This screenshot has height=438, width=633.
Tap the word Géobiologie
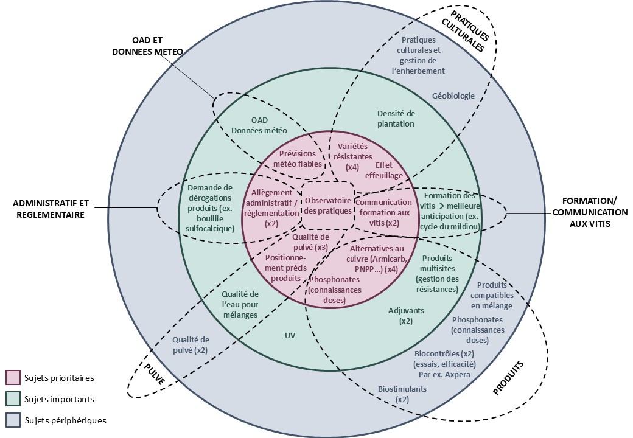click(x=453, y=96)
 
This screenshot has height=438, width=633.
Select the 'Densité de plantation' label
click(x=396, y=119)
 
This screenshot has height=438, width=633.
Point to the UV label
click(x=290, y=335)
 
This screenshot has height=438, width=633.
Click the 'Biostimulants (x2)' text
click(x=402, y=394)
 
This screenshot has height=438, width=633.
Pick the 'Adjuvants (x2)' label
click(x=406, y=315)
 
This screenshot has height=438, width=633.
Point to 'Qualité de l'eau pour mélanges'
click(x=240, y=304)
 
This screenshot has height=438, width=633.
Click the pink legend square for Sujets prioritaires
click(x=13, y=378)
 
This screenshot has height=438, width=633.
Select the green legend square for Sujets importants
click(x=13, y=399)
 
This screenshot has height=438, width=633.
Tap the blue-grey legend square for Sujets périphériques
click(x=13, y=420)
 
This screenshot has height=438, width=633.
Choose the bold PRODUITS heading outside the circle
click(x=508, y=378)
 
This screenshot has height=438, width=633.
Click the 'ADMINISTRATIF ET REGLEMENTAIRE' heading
click(x=51, y=208)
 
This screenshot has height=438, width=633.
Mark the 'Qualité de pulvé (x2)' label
click(x=191, y=345)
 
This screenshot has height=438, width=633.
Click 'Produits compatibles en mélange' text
click(x=492, y=295)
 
